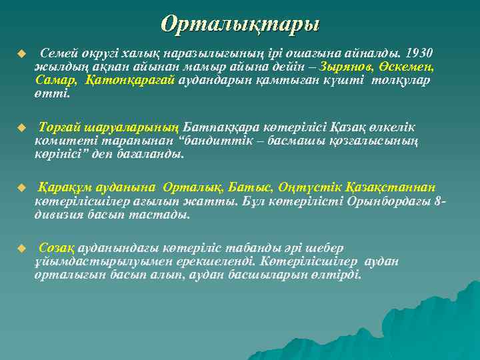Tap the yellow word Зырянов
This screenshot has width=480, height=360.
[347, 67]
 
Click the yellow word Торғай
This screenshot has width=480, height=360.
[58, 127]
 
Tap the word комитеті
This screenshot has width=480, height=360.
[63, 141]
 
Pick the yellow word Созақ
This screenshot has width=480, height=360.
[57, 247]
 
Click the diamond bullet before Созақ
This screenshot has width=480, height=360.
[21, 247]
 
